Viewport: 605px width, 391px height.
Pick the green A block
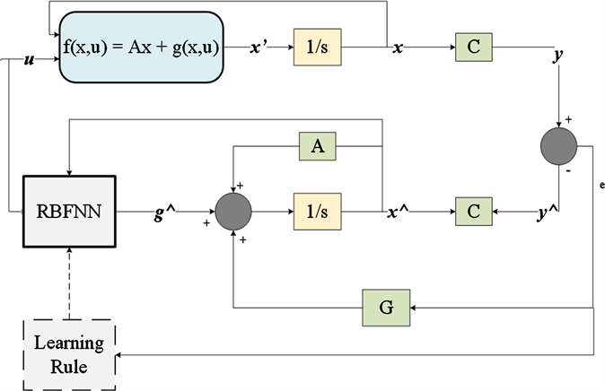coord(318,147)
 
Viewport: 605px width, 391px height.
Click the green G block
coord(386,307)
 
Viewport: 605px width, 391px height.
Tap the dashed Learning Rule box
coord(68,352)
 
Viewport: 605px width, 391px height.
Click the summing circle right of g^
coord(234,212)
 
